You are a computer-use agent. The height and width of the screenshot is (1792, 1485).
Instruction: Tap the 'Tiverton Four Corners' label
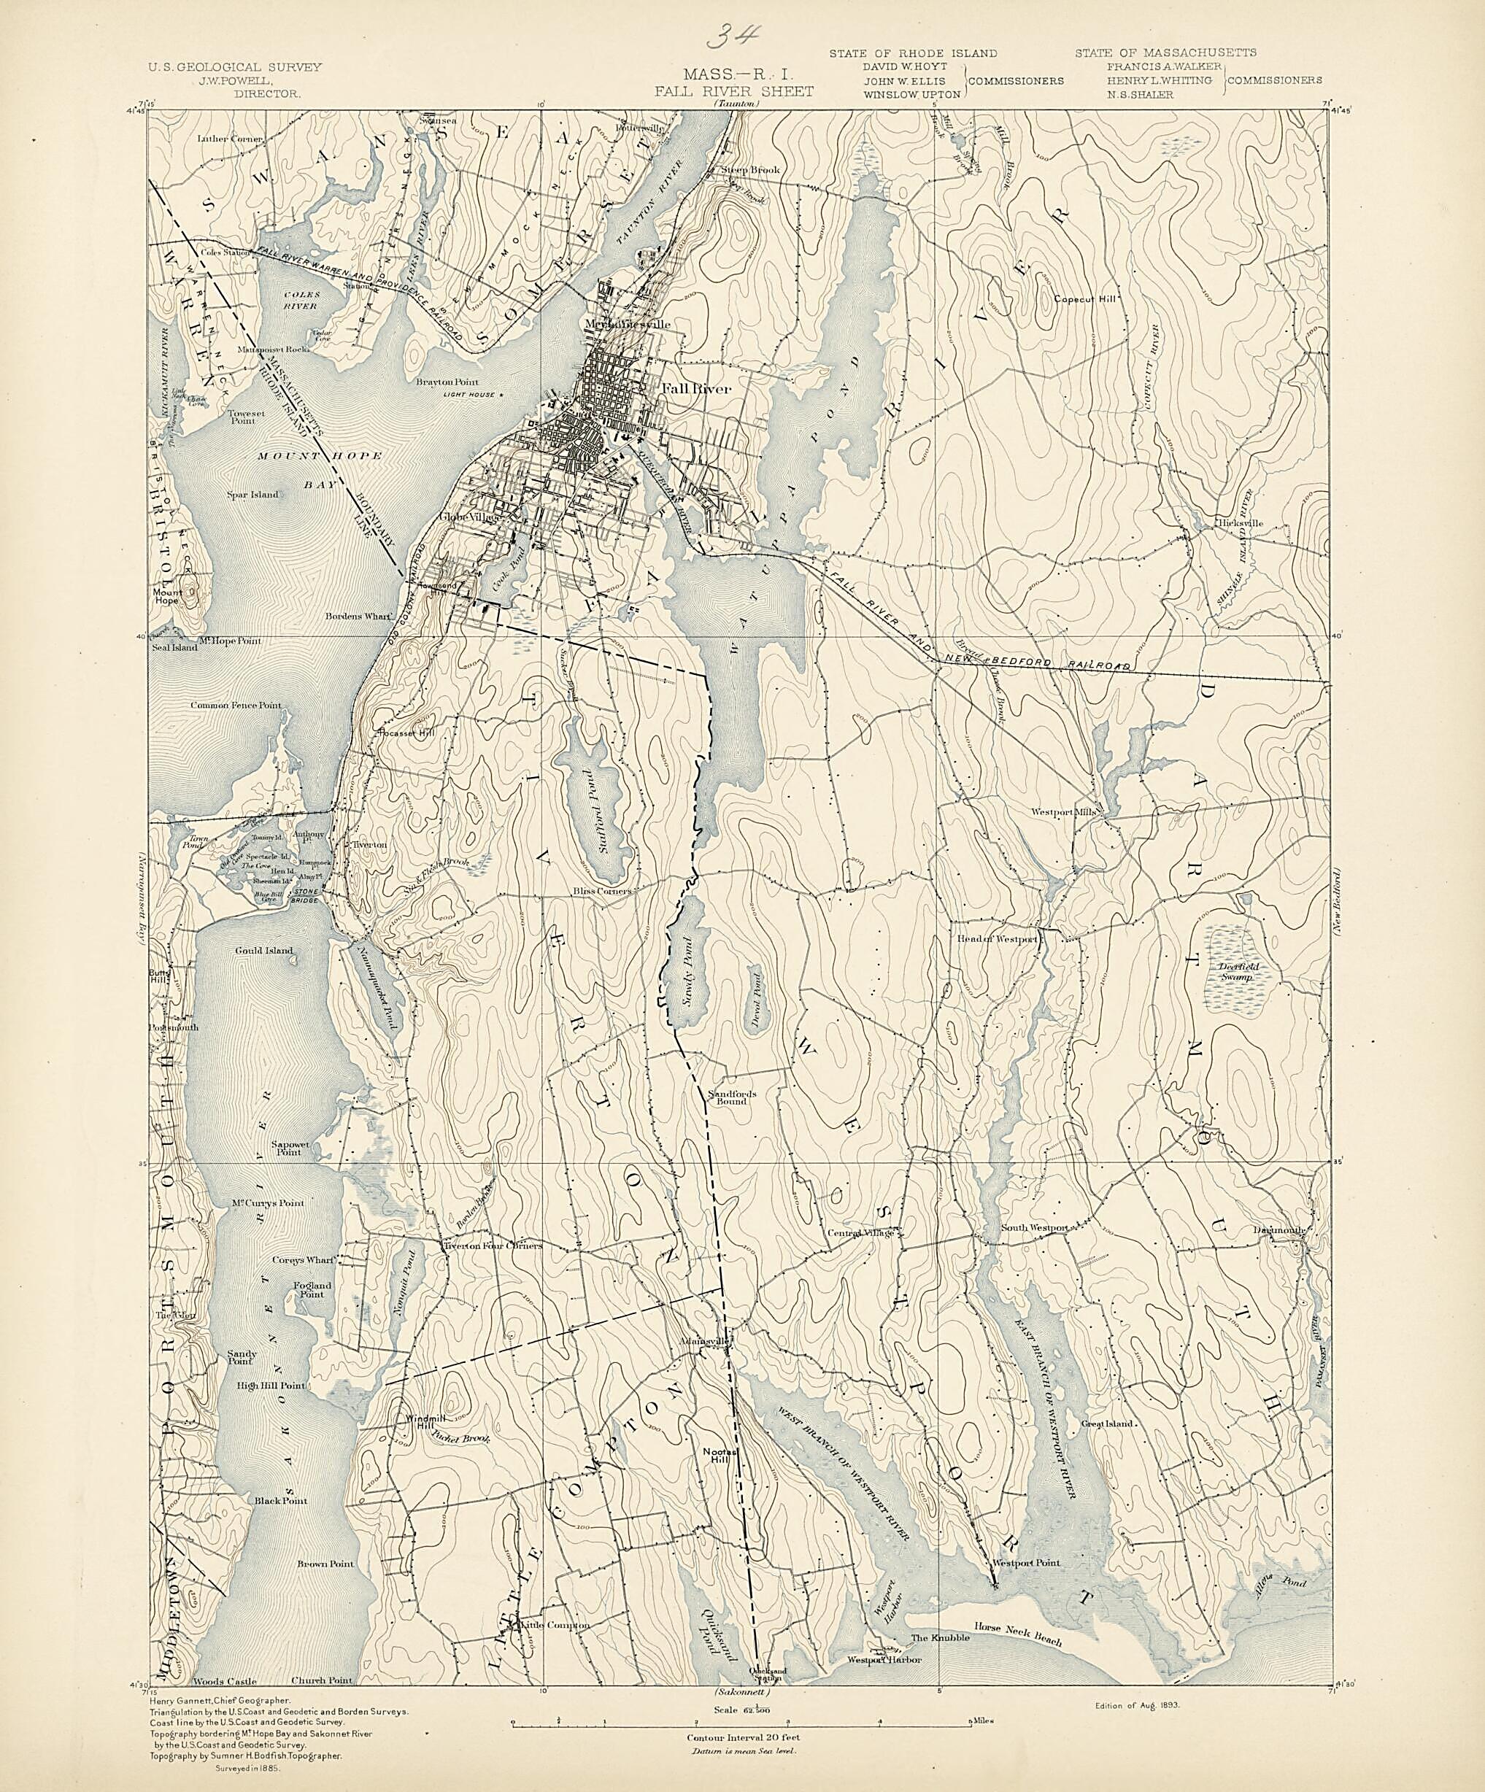click(492, 1245)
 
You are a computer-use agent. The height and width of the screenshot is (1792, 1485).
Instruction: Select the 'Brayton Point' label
click(447, 382)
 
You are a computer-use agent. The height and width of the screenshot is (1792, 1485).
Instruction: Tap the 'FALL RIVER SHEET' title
click(734, 91)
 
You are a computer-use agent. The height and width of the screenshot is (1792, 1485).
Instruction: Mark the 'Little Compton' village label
click(555, 1626)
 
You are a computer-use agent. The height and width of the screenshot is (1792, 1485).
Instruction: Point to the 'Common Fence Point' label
click(236, 706)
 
